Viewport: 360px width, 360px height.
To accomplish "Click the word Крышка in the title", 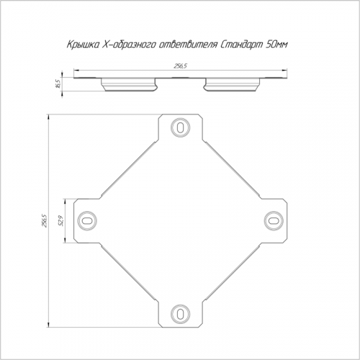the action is click(82, 45).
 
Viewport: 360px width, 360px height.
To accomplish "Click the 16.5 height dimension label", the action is click(58, 84).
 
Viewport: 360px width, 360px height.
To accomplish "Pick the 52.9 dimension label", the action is click(60, 221).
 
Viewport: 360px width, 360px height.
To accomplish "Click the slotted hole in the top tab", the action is click(180, 127).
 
